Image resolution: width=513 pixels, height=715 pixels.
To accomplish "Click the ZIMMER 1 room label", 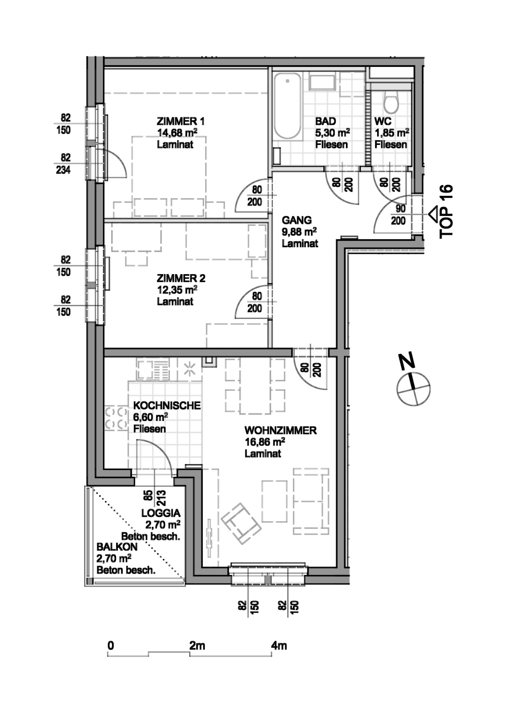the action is pyautogui.click(x=181, y=121).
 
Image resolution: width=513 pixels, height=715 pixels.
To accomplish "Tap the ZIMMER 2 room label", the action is pyautogui.click(x=181, y=278).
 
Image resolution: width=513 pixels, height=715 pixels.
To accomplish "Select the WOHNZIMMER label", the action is pyautogui.click(x=280, y=431).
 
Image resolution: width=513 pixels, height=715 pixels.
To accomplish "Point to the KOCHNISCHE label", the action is pyautogui.click(x=167, y=406).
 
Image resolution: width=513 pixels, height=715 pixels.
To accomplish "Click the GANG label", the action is pyautogui.click(x=297, y=220).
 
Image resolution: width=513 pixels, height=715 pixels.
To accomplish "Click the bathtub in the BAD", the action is pyautogui.click(x=287, y=106).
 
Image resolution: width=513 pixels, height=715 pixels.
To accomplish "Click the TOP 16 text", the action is pyautogui.click(x=446, y=211).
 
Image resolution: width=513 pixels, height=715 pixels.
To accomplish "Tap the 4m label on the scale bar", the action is pyautogui.click(x=279, y=646).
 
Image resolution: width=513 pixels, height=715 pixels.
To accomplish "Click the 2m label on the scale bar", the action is pyautogui.click(x=197, y=646).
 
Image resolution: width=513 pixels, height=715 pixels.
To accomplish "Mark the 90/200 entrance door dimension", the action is pyautogui.click(x=398, y=215).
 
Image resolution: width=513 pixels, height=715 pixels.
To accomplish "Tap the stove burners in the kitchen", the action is pyautogui.click(x=116, y=417).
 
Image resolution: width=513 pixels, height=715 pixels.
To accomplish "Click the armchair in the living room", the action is pyautogui.click(x=241, y=523).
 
